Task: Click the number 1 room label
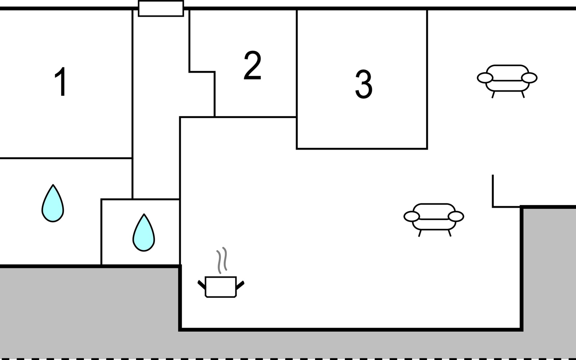[61, 81]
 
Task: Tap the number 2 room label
[252, 65]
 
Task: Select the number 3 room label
[364, 84]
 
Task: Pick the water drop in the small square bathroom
[144, 234]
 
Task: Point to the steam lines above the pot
[222, 260]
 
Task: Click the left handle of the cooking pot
[201, 284]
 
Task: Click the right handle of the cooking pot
[240, 284]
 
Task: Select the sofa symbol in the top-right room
[507, 79]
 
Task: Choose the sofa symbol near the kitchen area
[434, 217]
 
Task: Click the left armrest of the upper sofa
[485, 78]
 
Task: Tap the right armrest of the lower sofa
[456, 216]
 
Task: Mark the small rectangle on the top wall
[161, 8]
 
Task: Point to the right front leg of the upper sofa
[523, 94]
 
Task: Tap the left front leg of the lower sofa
[420, 233]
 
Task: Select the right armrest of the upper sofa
[529, 78]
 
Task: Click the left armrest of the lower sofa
[412, 216]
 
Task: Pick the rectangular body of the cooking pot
[221, 287]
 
